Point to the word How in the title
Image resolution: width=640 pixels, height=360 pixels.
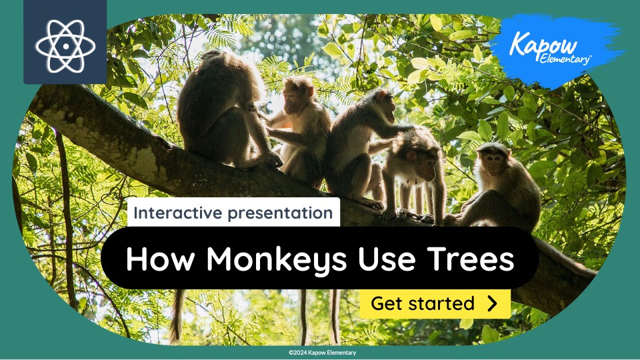click(x=155, y=259)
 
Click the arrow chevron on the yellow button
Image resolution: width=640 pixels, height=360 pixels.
click(x=493, y=304)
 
